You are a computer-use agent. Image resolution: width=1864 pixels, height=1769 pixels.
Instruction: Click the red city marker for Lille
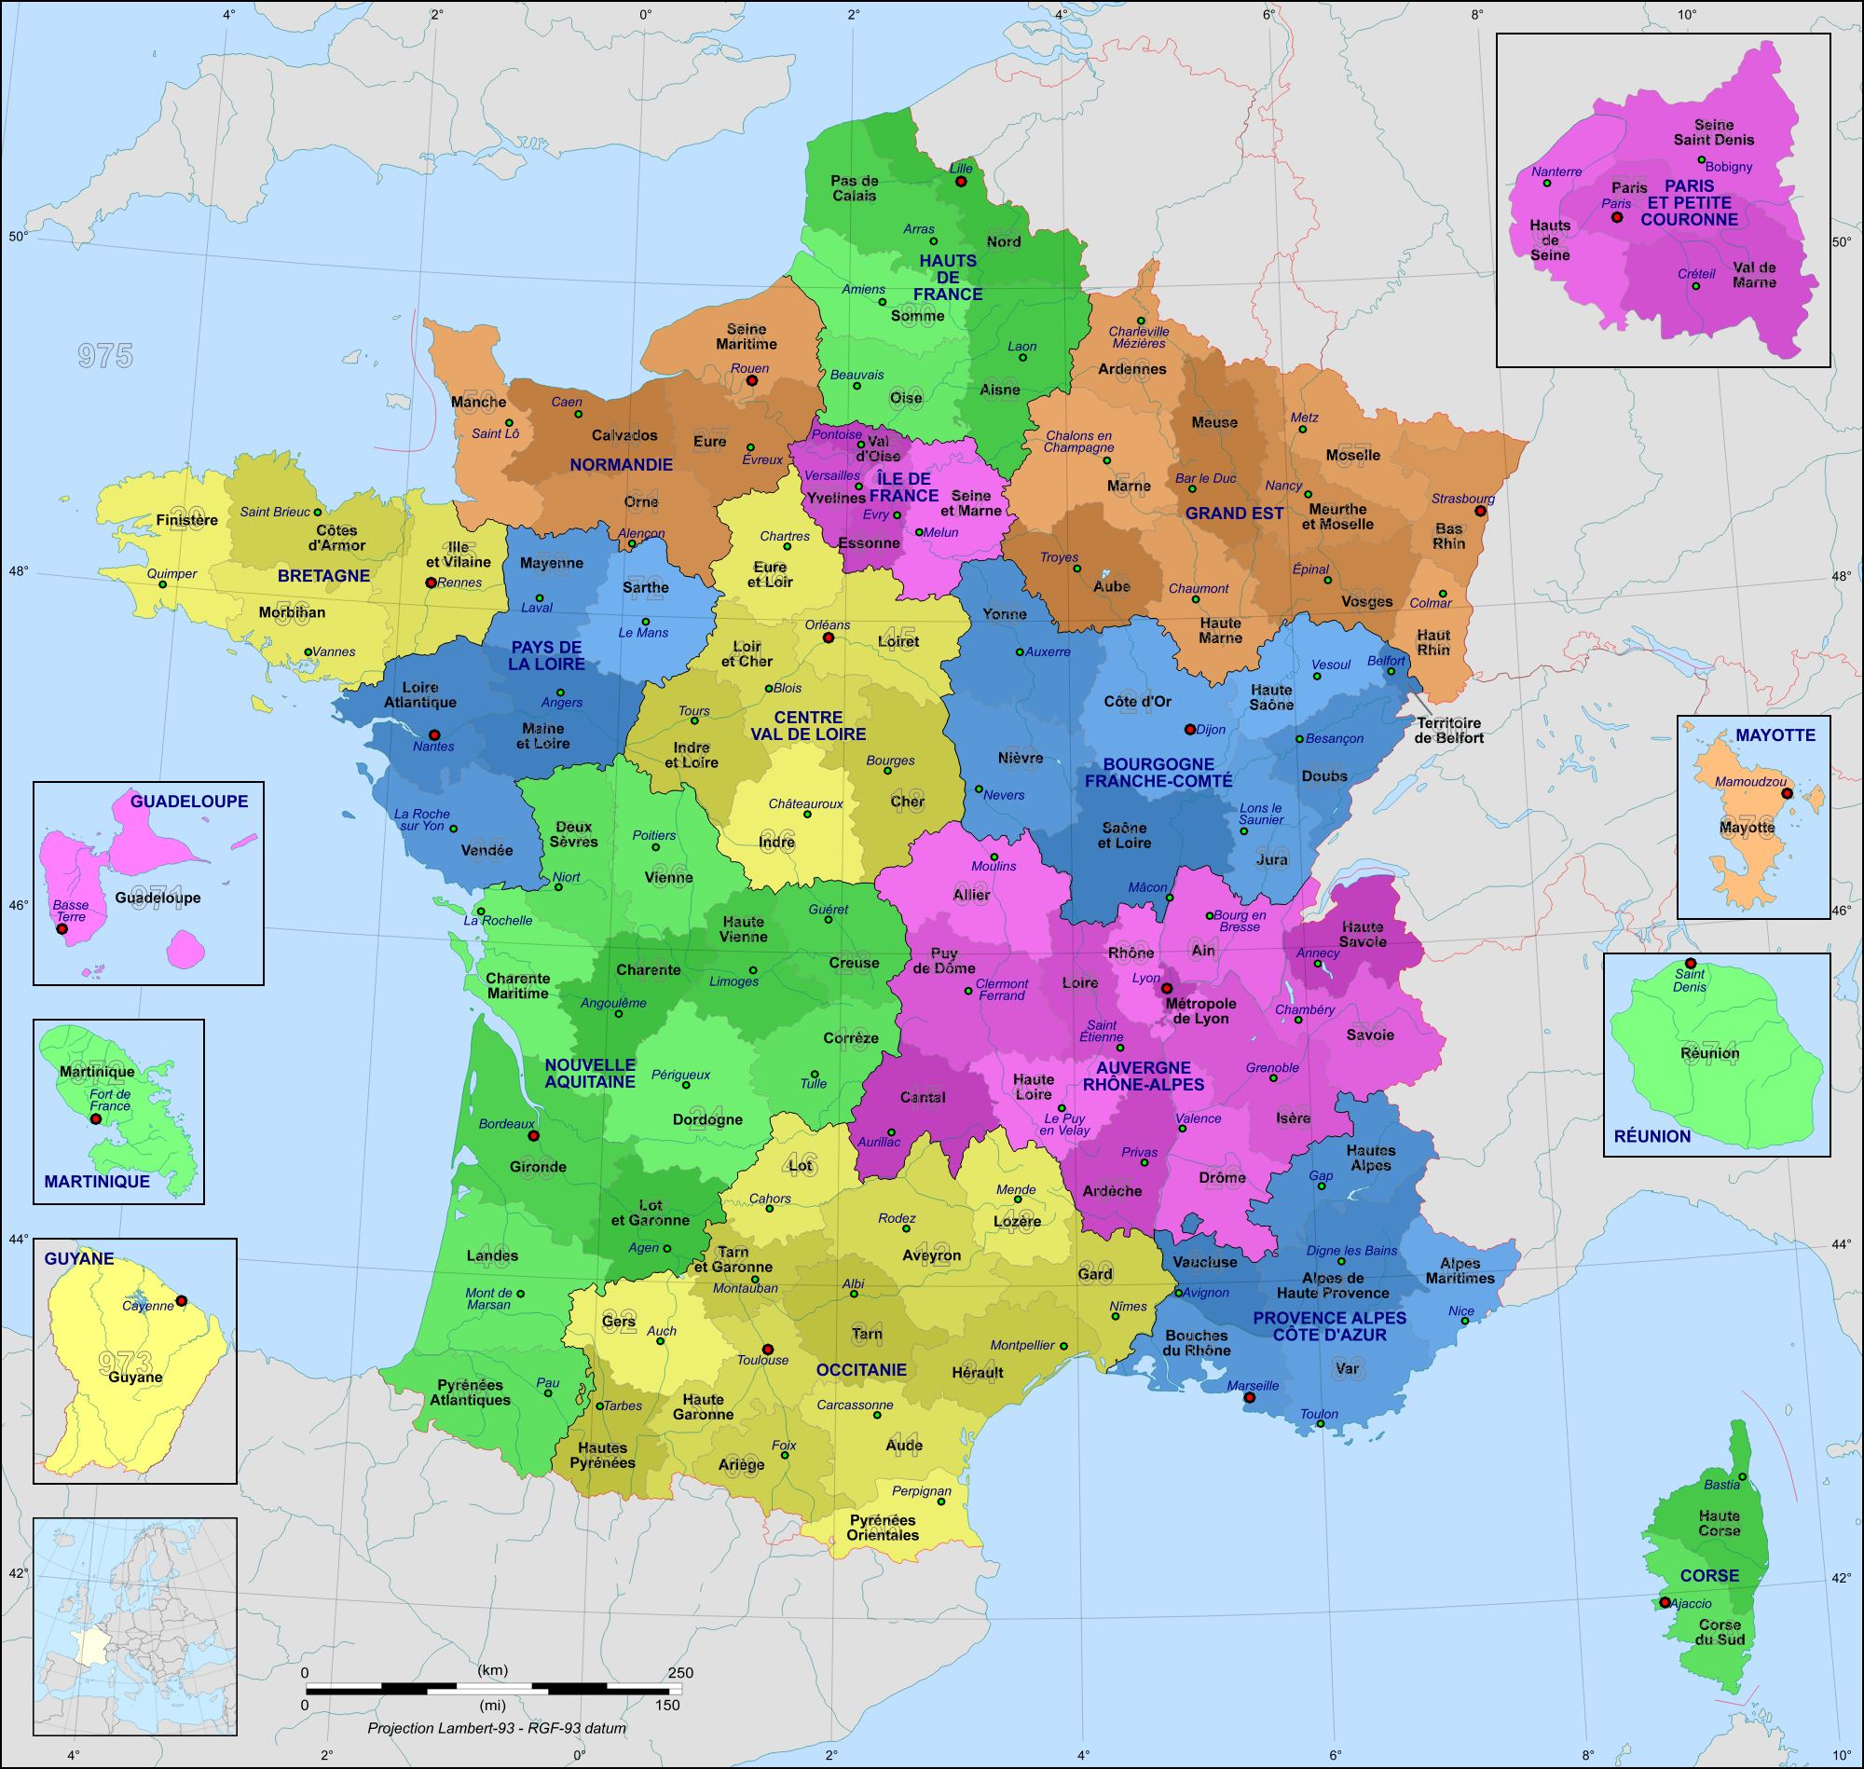point(961,181)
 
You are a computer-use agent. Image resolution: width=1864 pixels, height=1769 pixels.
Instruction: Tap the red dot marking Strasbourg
point(1480,511)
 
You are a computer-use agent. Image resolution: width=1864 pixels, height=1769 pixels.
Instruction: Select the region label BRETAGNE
point(323,576)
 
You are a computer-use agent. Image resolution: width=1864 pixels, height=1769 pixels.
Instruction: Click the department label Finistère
point(186,520)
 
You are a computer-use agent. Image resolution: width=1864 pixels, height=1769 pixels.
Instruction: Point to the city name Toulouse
point(761,1360)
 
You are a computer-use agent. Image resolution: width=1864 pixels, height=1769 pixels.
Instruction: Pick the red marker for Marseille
point(1249,1397)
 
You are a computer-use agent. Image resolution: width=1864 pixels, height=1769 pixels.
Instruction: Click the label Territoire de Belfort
point(1448,731)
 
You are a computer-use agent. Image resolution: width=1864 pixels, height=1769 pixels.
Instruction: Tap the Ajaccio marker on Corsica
point(1665,1602)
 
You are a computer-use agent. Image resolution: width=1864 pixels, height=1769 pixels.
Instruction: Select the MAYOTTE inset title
point(1775,735)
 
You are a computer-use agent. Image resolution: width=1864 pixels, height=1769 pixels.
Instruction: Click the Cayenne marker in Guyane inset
point(181,1301)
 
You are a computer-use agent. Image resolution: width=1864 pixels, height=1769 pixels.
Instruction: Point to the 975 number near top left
point(105,355)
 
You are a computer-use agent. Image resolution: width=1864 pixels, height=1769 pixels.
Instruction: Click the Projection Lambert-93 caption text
point(496,1727)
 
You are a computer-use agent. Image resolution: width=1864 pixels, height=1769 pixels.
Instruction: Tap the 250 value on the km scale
point(679,1673)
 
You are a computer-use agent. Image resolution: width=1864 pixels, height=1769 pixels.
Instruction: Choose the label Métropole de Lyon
point(1200,1011)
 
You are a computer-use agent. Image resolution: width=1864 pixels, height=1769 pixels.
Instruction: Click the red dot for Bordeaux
point(533,1136)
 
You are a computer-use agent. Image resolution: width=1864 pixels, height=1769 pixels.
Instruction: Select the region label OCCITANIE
point(861,1370)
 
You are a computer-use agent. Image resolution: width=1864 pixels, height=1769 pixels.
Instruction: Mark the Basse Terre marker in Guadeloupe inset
point(62,929)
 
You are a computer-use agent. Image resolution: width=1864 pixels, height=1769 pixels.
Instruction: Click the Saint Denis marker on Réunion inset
point(1691,964)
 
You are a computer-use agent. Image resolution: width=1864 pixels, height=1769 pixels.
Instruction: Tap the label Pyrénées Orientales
point(883,1528)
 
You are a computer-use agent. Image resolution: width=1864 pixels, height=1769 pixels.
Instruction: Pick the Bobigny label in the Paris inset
point(1728,167)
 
